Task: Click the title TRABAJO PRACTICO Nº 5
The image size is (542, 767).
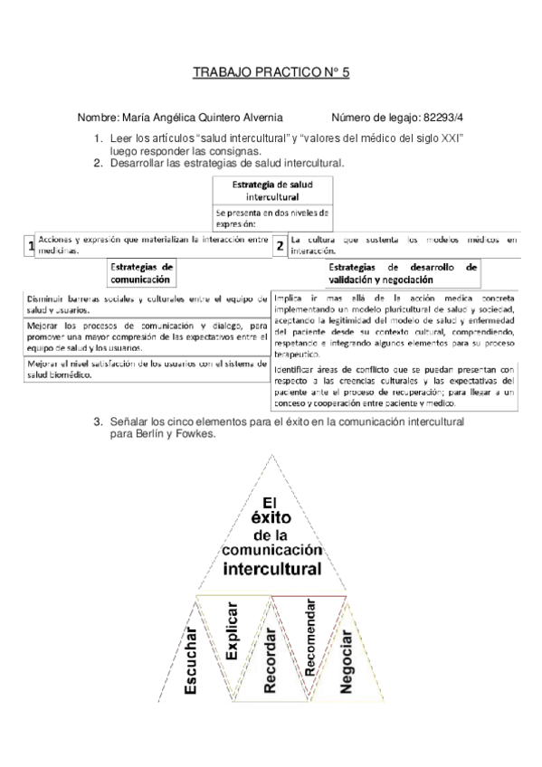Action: [x=271, y=78]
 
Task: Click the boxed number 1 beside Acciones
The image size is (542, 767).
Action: [x=31, y=246]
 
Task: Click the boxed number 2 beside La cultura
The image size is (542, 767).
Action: [x=281, y=245]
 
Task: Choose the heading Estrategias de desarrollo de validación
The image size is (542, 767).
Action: [x=403, y=274]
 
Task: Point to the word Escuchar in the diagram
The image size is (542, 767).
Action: [x=190, y=660]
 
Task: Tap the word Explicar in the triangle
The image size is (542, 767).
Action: [x=231, y=638]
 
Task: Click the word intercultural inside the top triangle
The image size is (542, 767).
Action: [x=271, y=569]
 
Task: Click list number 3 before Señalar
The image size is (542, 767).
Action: [x=99, y=421]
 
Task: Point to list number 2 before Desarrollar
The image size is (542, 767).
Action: [x=99, y=164]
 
